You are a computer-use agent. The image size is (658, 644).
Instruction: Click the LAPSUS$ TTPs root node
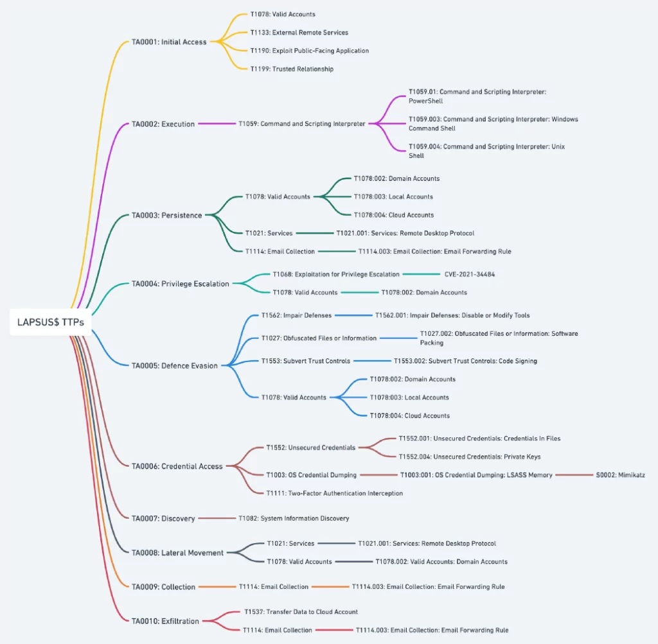(50, 322)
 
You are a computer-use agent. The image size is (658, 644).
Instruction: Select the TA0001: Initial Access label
(169, 42)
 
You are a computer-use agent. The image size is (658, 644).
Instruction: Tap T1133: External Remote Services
(299, 32)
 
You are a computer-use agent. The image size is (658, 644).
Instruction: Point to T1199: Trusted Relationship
(292, 69)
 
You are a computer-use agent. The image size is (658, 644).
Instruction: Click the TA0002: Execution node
(163, 124)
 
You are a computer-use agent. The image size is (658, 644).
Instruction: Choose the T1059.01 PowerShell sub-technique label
(477, 96)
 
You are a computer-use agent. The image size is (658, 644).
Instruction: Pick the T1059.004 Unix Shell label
(487, 151)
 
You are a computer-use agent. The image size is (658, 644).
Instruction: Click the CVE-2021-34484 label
(470, 274)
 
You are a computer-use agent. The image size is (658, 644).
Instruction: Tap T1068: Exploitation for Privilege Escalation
(336, 274)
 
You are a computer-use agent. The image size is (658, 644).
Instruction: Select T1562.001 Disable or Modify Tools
(452, 315)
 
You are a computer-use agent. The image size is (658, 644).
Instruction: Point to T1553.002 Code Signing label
(465, 361)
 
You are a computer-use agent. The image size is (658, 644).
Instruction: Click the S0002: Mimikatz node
(620, 475)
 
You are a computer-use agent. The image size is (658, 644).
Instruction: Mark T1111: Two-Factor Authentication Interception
(334, 493)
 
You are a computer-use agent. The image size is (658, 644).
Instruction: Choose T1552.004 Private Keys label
(470, 457)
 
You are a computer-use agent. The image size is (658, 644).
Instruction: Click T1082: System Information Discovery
(294, 518)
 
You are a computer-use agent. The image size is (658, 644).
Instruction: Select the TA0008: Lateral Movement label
(177, 553)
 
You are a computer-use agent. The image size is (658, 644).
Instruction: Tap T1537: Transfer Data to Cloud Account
(301, 612)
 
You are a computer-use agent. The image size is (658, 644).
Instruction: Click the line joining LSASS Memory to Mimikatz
(574, 475)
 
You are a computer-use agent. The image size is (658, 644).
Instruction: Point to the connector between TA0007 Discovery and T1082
(217, 518)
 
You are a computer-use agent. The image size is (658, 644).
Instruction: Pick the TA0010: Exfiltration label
(165, 621)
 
